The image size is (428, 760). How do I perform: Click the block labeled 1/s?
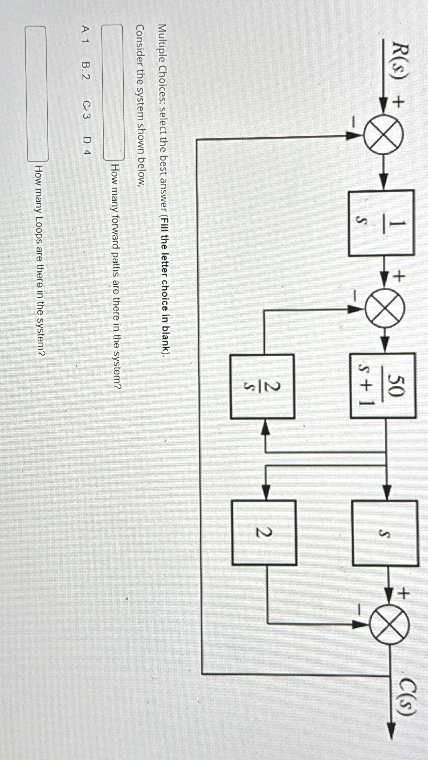click(381, 222)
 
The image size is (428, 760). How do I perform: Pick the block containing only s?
click(385, 533)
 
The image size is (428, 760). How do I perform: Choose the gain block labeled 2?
click(264, 533)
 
